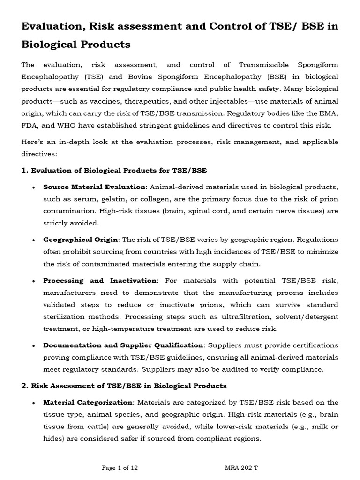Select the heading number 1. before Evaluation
point(25,170)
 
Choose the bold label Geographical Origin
point(81,240)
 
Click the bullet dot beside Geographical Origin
point(33,240)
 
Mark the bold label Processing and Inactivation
point(99,280)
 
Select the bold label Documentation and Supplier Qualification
point(123,345)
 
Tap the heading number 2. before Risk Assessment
point(25,386)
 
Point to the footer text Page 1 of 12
point(120,468)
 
